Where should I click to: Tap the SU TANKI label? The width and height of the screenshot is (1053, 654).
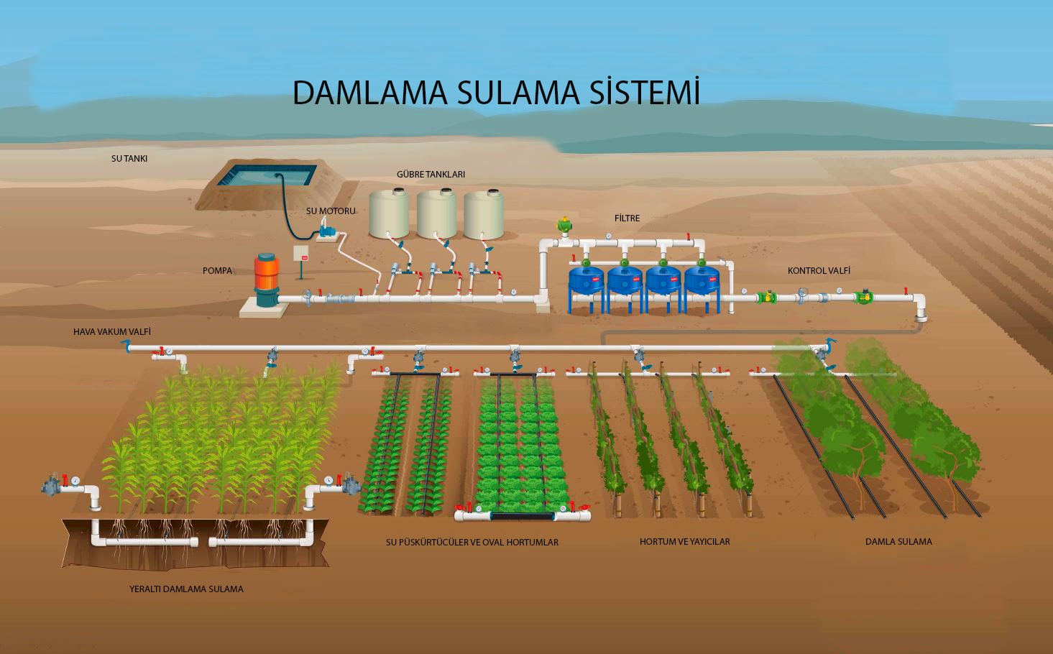(129, 158)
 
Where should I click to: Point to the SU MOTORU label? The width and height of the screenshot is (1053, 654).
(331, 211)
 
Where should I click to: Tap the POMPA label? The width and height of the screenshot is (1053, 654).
(217, 271)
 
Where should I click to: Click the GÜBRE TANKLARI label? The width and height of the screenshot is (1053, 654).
(431, 175)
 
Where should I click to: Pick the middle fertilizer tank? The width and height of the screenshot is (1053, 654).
(437, 213)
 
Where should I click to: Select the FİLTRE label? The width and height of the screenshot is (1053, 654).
(627, 218)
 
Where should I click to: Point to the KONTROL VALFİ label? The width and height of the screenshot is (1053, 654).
(819, 271)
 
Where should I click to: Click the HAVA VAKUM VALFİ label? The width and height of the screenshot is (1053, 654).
(112, 332)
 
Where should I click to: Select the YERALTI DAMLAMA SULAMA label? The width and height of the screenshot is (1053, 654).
(186, 589)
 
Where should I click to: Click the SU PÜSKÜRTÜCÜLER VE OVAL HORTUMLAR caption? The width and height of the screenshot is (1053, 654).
(472, 543)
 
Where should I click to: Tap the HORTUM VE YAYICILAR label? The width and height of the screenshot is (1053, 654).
(684, 542)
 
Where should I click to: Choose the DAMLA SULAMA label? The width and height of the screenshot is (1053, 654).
(898, 542)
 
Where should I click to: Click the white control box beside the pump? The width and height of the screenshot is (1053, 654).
(301, 257)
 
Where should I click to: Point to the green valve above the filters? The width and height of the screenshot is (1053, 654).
(565, 224)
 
